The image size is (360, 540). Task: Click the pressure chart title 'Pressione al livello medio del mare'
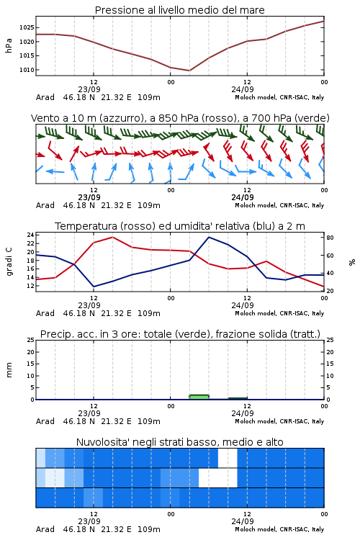[x=179, y=10]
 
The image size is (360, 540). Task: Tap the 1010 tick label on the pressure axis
[x=27, y=70]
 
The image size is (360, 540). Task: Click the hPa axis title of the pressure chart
[x=9, y=45]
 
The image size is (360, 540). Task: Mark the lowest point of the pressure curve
[x=189, y=71]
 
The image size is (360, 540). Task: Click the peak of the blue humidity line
[x=209, y=237]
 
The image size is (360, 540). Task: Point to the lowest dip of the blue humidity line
[x=94, y=287]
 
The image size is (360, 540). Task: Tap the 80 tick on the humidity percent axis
[x=330, y=238]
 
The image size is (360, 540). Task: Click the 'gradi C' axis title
[x=9, y=261]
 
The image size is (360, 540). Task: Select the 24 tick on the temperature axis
[x=31, y=235]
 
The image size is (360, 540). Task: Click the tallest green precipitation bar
[x=199, y=397]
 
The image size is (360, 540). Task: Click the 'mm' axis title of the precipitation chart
[x=9, y=370]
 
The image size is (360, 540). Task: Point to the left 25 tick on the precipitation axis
[x=31, y=340]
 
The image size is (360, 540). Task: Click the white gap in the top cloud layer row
[x=228, y=458]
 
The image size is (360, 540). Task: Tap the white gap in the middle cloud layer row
[x=218, y=477]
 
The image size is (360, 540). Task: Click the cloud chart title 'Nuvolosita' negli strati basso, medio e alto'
[x=179, y=442]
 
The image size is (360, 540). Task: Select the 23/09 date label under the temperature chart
[x=89, y=305]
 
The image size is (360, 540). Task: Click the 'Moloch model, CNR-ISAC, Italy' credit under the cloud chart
[x=279, y=529]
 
